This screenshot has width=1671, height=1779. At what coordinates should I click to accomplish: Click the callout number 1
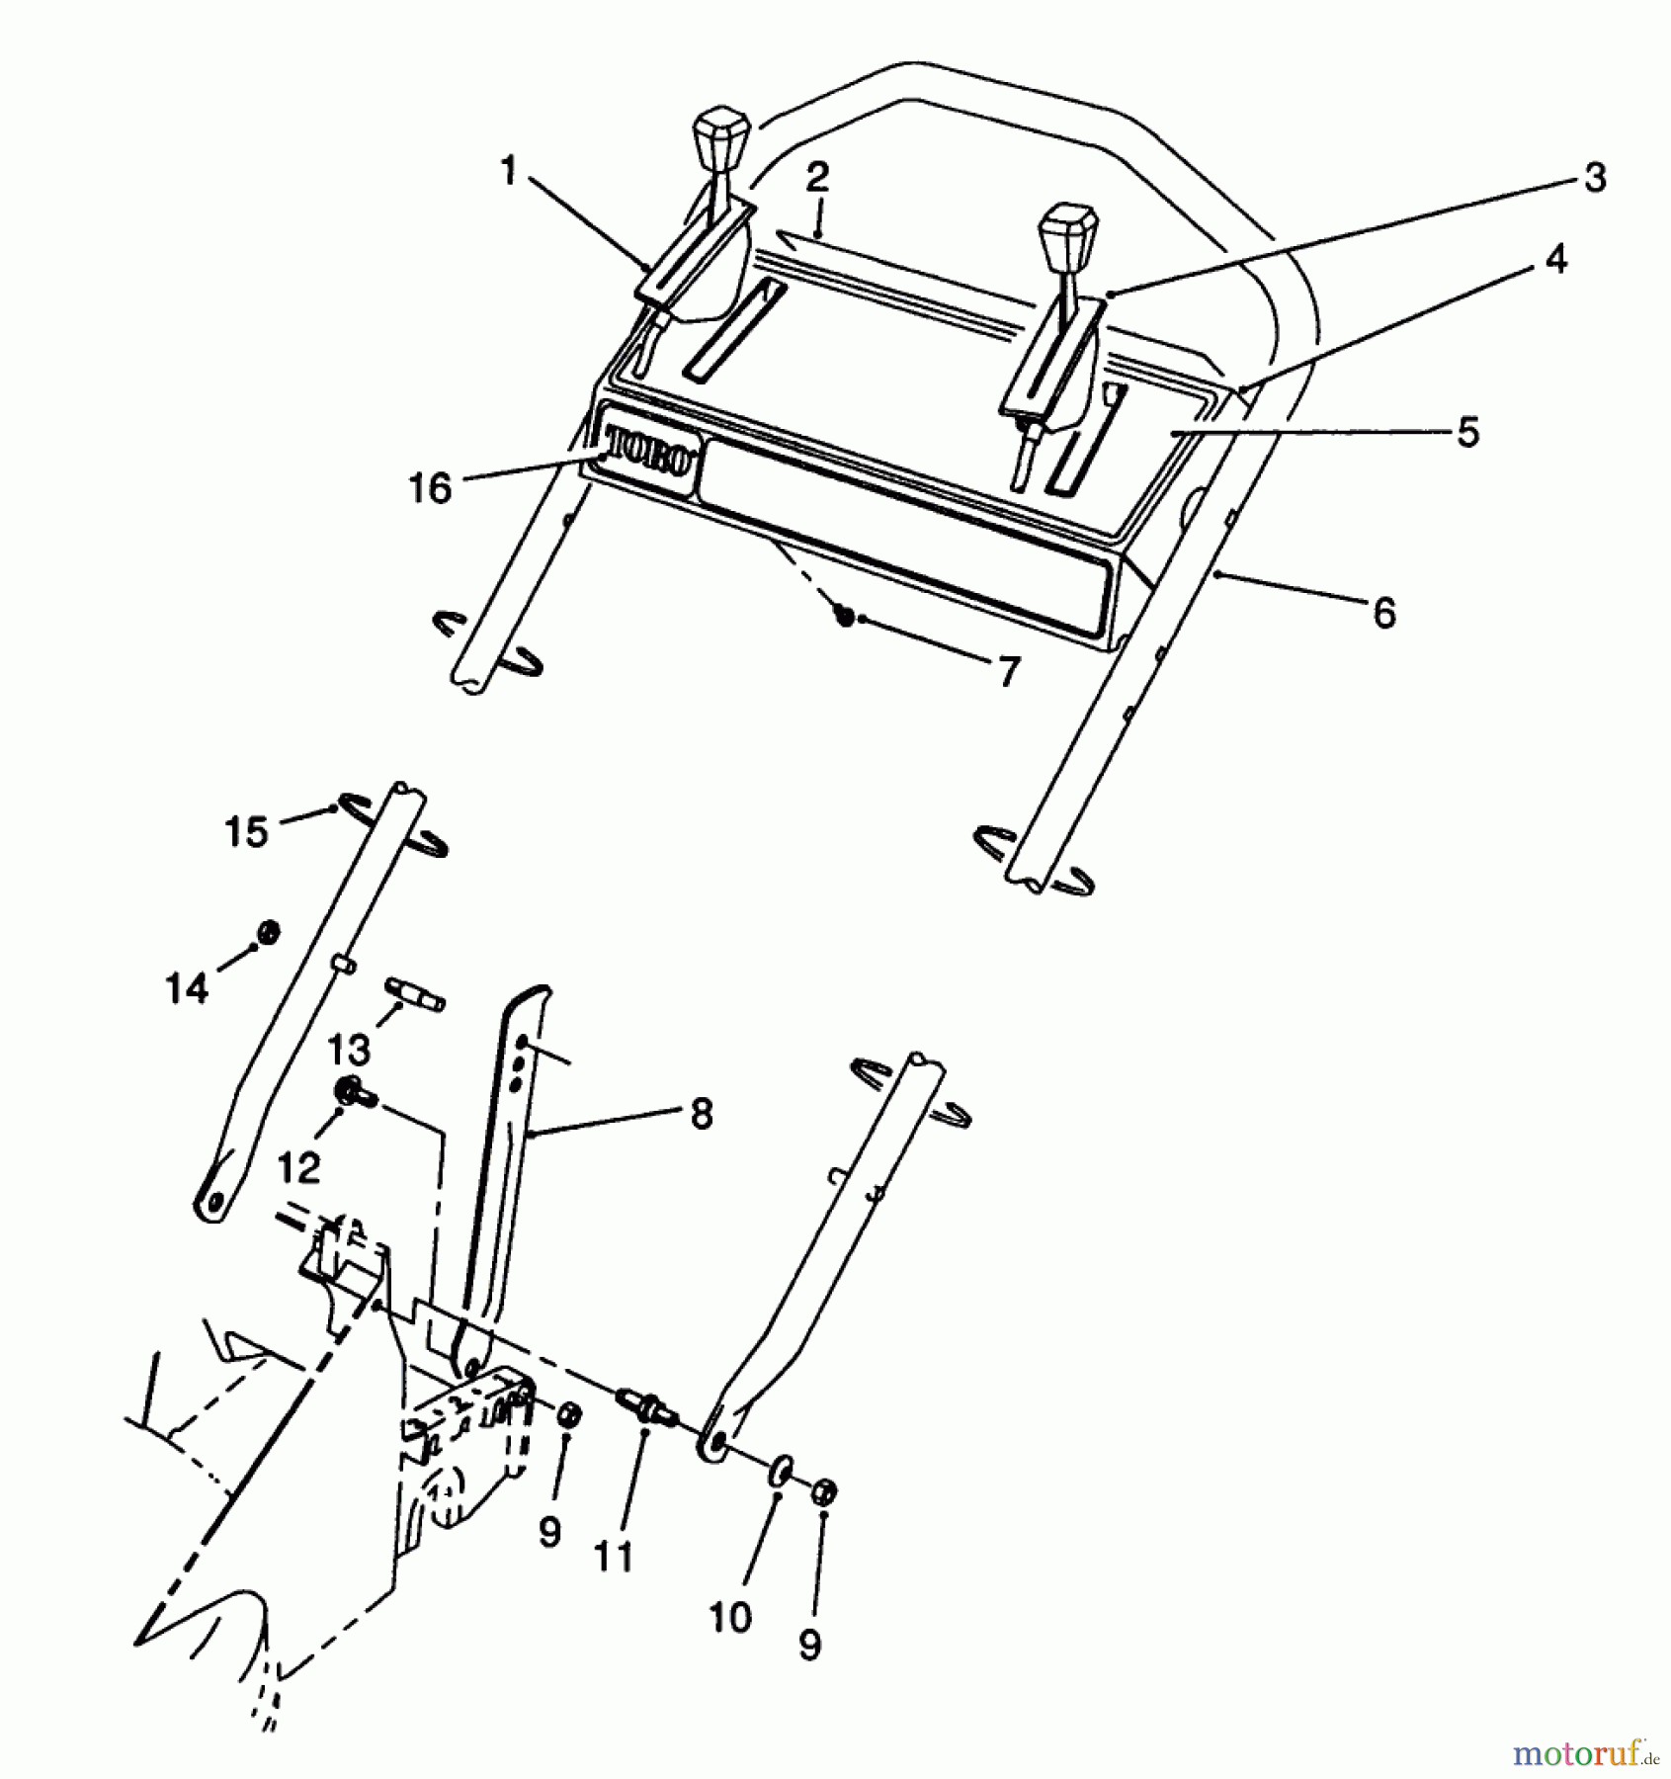click(x=509, y=172)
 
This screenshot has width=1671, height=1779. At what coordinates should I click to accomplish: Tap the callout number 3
click(x=1594, y=178)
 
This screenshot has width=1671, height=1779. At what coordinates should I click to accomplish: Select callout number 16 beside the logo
click(x=431, y=487)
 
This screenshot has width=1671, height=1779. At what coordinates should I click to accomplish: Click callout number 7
click(x=1007, y=672)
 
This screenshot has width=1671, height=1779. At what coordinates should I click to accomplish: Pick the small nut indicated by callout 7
click(x=845, y=616)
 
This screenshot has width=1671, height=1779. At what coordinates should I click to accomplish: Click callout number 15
click(x=246, y=832)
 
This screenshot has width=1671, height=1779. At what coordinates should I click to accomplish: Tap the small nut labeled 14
click(x=268, y=931)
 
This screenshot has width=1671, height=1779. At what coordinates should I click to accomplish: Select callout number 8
click(x=700, y=1114)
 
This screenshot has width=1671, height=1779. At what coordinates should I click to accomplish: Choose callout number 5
click(x=1468, y=432)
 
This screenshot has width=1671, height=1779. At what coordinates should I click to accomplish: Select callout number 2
click(x=817, y=178)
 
